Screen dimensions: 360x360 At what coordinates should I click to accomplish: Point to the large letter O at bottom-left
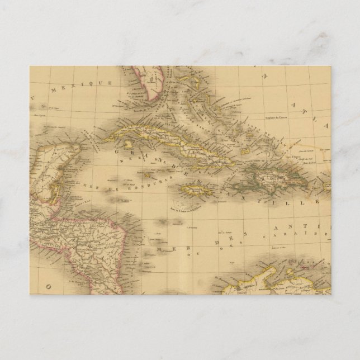click(49, 286)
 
